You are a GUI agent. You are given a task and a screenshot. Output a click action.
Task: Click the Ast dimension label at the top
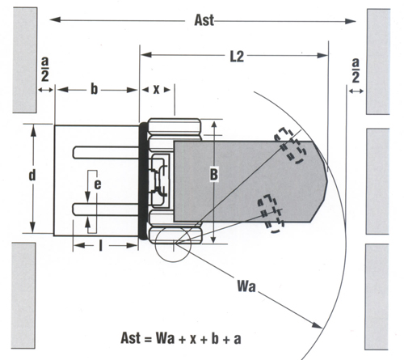click(204, 20)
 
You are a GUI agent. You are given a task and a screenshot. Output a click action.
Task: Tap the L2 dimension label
click(237, 57)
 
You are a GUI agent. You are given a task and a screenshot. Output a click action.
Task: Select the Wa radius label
click(246, 286)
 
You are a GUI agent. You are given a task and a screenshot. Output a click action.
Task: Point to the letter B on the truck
click(214, 175)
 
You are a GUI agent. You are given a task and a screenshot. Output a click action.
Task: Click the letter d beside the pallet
click(32, 176)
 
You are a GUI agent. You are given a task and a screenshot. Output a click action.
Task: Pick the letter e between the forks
click(98, 184)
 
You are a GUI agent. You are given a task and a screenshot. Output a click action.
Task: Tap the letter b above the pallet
click(94, 89)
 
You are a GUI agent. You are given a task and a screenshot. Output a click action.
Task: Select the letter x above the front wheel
click(156, 90)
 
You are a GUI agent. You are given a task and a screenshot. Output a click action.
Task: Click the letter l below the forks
click(101, 246)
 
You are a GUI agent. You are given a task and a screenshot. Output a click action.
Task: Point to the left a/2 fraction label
click(45, 70)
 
